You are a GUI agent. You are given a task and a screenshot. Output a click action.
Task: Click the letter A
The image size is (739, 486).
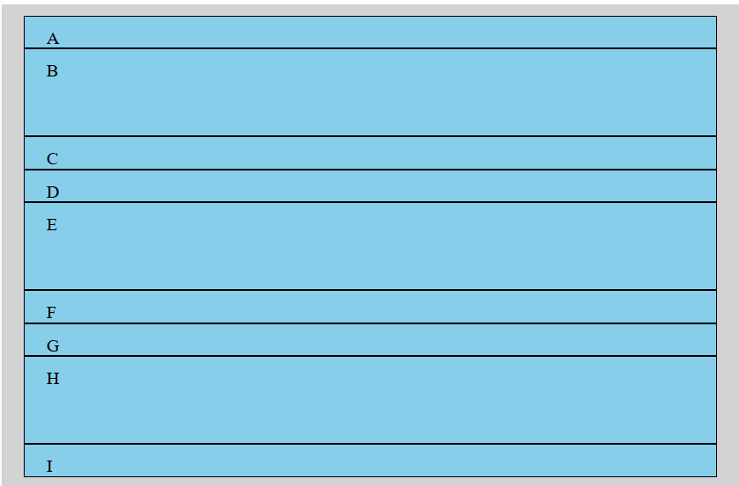53,39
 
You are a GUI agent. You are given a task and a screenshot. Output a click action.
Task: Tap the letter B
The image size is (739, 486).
52,71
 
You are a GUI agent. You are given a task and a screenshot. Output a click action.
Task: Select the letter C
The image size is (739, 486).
52,159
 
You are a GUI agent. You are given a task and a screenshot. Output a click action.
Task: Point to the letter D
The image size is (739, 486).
52,192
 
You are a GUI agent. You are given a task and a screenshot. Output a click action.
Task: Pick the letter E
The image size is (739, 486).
52,225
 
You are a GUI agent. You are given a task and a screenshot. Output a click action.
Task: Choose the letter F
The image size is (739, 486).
51,313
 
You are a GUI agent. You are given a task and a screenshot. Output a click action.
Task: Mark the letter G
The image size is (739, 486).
53,346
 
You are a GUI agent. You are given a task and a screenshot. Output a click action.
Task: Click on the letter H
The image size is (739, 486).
53,379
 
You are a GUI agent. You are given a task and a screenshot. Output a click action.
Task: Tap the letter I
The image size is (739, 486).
49,467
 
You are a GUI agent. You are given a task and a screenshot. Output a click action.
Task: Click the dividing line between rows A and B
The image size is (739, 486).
369,48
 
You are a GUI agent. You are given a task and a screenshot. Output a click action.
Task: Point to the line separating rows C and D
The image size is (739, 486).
369,170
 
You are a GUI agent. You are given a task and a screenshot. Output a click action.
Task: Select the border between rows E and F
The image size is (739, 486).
369,290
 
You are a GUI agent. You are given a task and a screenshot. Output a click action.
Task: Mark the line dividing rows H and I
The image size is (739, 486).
369,444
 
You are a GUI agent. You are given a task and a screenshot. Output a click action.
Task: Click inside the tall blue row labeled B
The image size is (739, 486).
369,93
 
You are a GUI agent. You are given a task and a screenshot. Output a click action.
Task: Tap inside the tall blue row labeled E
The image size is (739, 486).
369,247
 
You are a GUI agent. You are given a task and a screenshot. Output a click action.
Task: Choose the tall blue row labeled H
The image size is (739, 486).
369,401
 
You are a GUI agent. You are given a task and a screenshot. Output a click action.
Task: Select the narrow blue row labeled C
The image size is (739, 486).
369,153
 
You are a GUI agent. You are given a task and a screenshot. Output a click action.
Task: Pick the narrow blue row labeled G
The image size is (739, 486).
369,340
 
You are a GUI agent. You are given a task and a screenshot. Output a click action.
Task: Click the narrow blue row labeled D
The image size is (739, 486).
369,186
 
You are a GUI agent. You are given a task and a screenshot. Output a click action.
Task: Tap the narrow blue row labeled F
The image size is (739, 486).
369,307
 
